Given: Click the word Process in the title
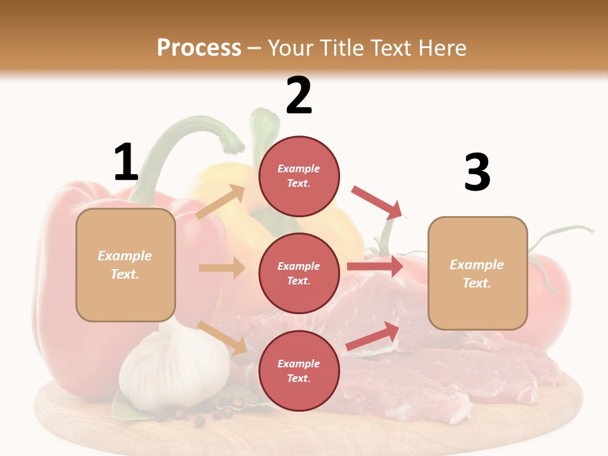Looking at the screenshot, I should [x=199, y=47].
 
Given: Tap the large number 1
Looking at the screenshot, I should [x=125, y=163].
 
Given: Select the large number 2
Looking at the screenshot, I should [x=299, y=96].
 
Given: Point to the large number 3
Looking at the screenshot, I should [x=477, y=172].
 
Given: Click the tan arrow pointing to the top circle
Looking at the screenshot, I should [x=221, y=202].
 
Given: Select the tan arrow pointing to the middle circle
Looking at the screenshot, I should [x=222, y=268].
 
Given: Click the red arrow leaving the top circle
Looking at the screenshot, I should [x=377, y=203].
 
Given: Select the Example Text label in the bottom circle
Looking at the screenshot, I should [x=299, y=371].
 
